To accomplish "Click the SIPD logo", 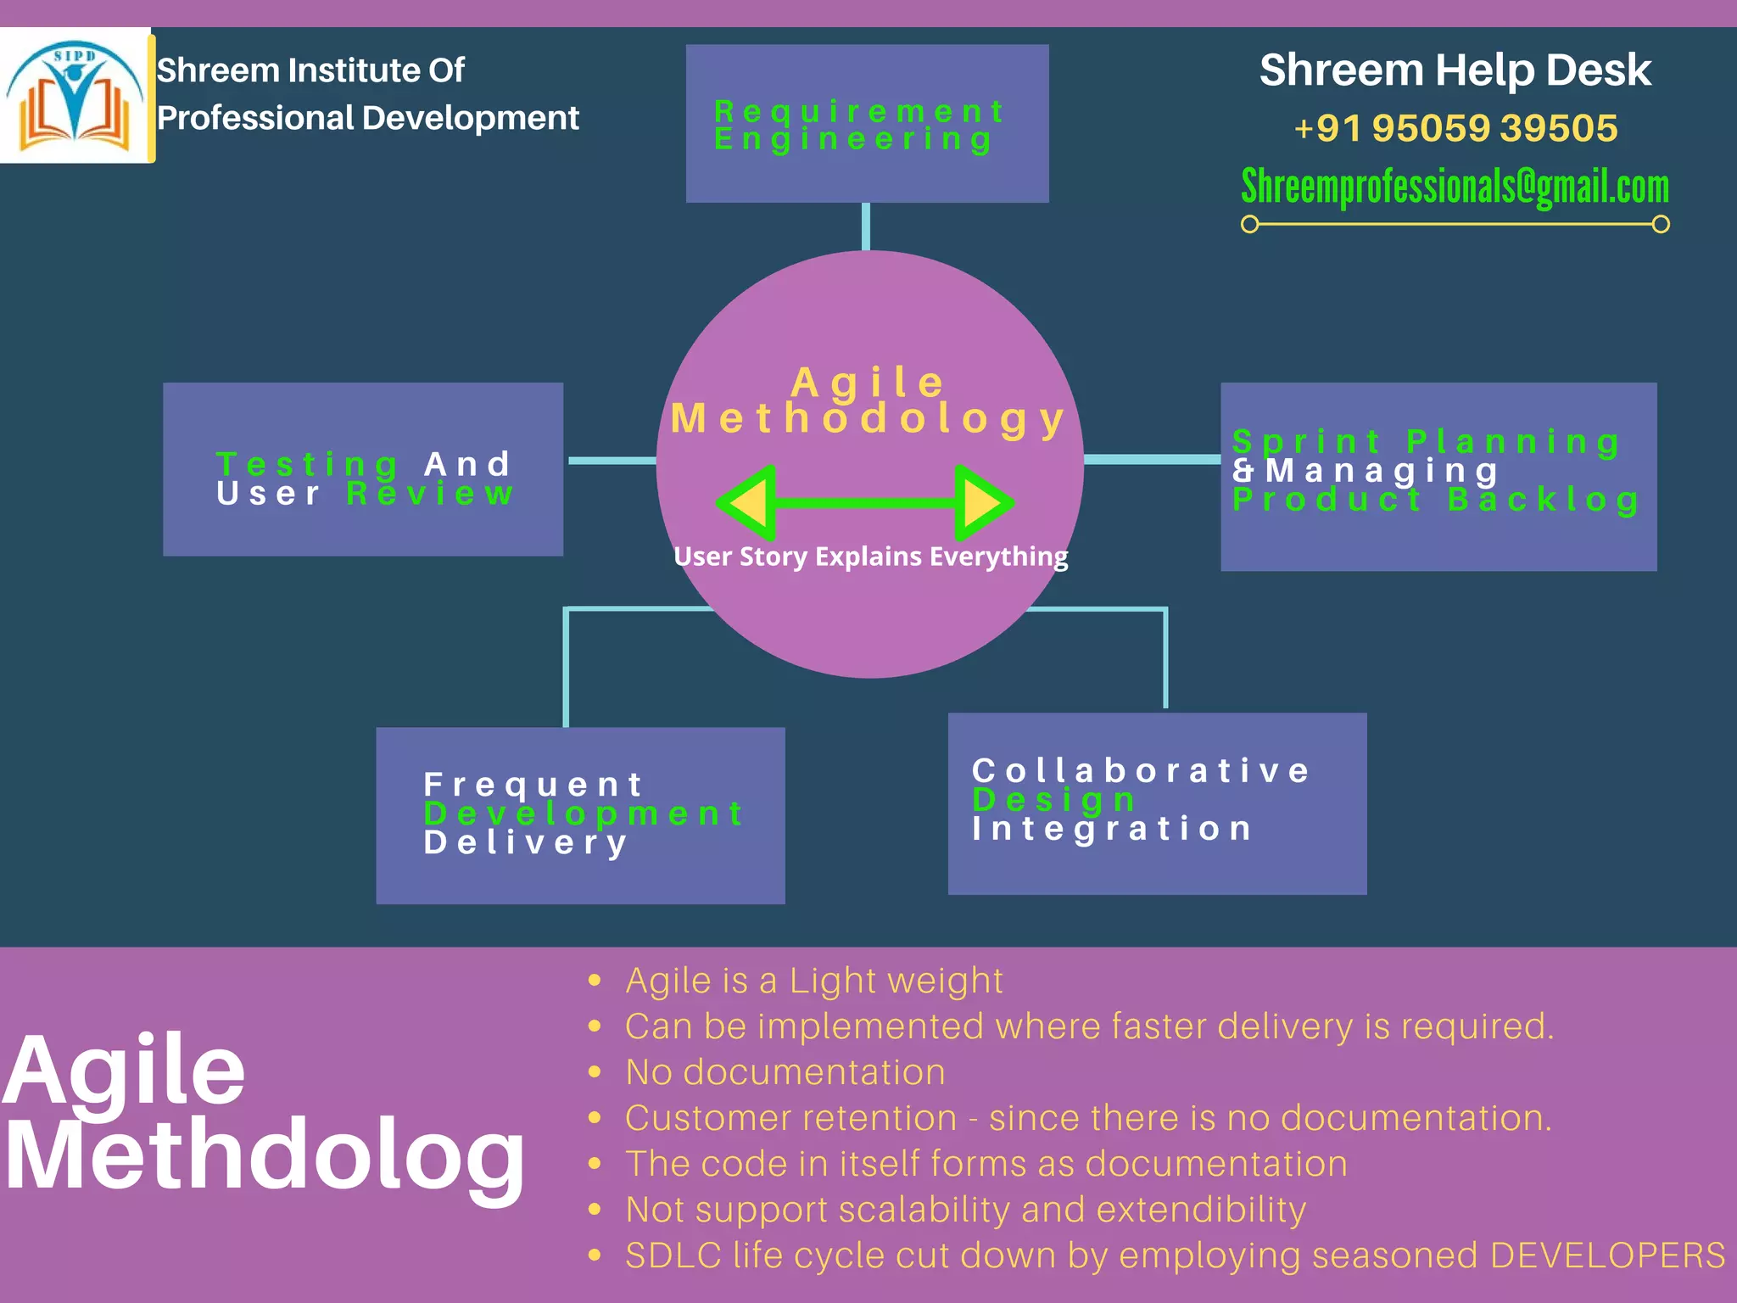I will click(75, 95).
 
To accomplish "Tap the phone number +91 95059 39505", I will click(1455, 128).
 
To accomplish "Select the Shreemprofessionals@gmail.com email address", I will click(1455, 187).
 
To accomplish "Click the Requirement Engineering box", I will click(867, 124).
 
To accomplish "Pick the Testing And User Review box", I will click(363, 469).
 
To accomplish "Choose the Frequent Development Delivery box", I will click(580, 815).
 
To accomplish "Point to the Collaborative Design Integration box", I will click(1157, 803).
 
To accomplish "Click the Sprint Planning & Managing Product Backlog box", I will click(1438, 476).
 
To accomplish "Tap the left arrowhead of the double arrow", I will click(750, 503).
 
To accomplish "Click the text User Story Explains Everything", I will click(870, 556).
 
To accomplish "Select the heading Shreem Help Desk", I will click(1455, 70).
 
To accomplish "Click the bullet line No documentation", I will click(785, 1072).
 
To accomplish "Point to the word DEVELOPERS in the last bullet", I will click(1607, 1255).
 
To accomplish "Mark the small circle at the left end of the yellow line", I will click(1249, 224).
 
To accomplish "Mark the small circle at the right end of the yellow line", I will click(1662, 224).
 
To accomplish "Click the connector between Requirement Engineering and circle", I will click(866, 226).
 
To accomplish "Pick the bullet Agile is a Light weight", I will click(813, 981).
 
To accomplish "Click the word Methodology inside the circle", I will click(868, 419).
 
